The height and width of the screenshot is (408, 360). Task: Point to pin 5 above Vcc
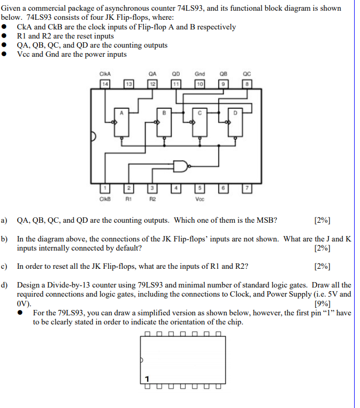[x=199, y=188]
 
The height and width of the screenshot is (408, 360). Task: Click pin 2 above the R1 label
[x=129, y=188]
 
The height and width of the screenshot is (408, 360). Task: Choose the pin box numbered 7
[x=246, y=188]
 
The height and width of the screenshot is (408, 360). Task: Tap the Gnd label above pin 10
[x=200, y=74]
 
